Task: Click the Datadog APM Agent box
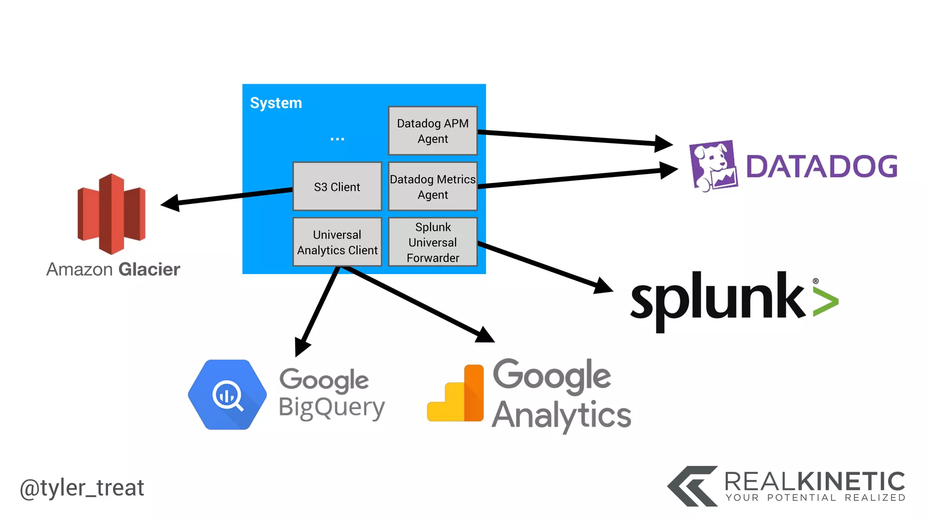click(433, 131)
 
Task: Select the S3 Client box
click(337, 186)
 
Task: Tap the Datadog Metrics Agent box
click(433, 186)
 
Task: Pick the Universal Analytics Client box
click(337, 242)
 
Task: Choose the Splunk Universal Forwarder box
click(433, 242)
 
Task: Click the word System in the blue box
click(276, 103)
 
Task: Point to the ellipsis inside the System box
click(337, 139)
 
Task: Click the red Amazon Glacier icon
click(112, 213)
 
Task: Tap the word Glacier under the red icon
click(149, 270)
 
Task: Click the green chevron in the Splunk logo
click(826, 302)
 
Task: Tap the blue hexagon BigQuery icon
click(227, 394)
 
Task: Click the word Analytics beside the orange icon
click(561, 415)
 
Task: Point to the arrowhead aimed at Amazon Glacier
click(170, 203)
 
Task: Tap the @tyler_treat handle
click(82, 488)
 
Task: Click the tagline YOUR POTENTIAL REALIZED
click(815, 498)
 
